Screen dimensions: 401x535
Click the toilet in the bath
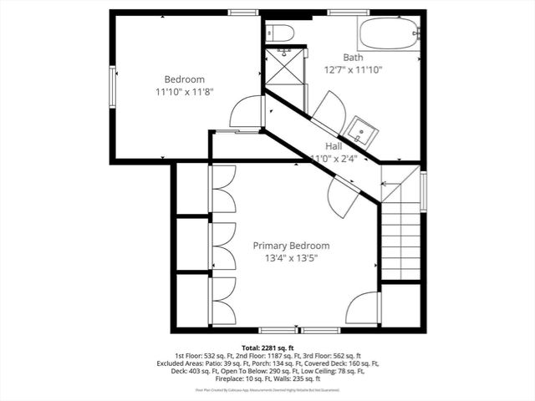(x=278, y=33)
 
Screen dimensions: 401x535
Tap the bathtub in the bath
(x=389, y=36)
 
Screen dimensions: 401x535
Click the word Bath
(x=353, y=58)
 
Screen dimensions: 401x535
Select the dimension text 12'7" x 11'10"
(x=353, y=70)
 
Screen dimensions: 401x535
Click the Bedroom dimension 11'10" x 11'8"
(x=185, y=92)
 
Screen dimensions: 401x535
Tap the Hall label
(x=334, y=145)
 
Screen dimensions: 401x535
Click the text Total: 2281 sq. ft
(x=267, y=347)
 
